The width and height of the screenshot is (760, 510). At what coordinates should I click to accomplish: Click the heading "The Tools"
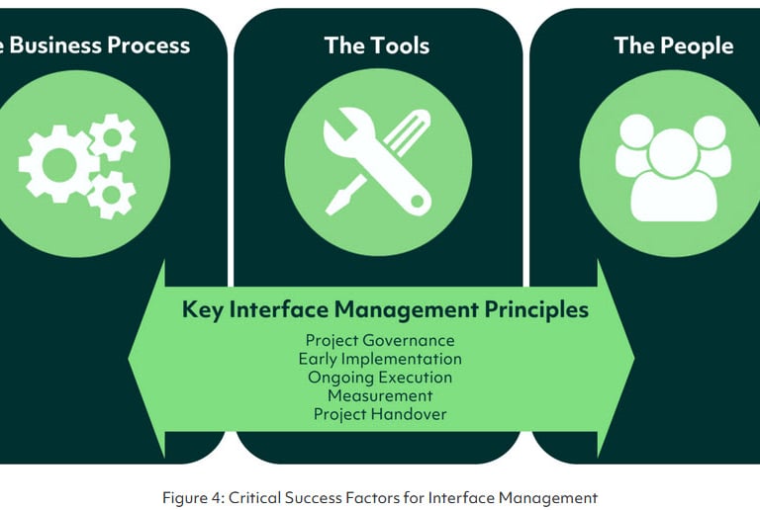(378, 44)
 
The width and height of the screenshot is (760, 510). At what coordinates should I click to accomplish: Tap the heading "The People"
(673, 44)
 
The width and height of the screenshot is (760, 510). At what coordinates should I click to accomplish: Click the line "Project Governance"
(380, 341)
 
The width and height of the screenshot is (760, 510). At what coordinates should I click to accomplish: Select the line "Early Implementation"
(380, 359)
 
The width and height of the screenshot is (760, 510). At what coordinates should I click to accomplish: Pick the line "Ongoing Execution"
(380, 378)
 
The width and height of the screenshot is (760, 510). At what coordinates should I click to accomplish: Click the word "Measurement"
(380, 395)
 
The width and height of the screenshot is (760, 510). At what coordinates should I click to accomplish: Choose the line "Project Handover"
(380, 414)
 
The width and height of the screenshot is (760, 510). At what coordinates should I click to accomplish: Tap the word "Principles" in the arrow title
(536, 309)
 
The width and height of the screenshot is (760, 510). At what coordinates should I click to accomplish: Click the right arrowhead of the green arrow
(617, 360)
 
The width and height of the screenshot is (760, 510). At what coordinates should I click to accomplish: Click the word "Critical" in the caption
(251, 498)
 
